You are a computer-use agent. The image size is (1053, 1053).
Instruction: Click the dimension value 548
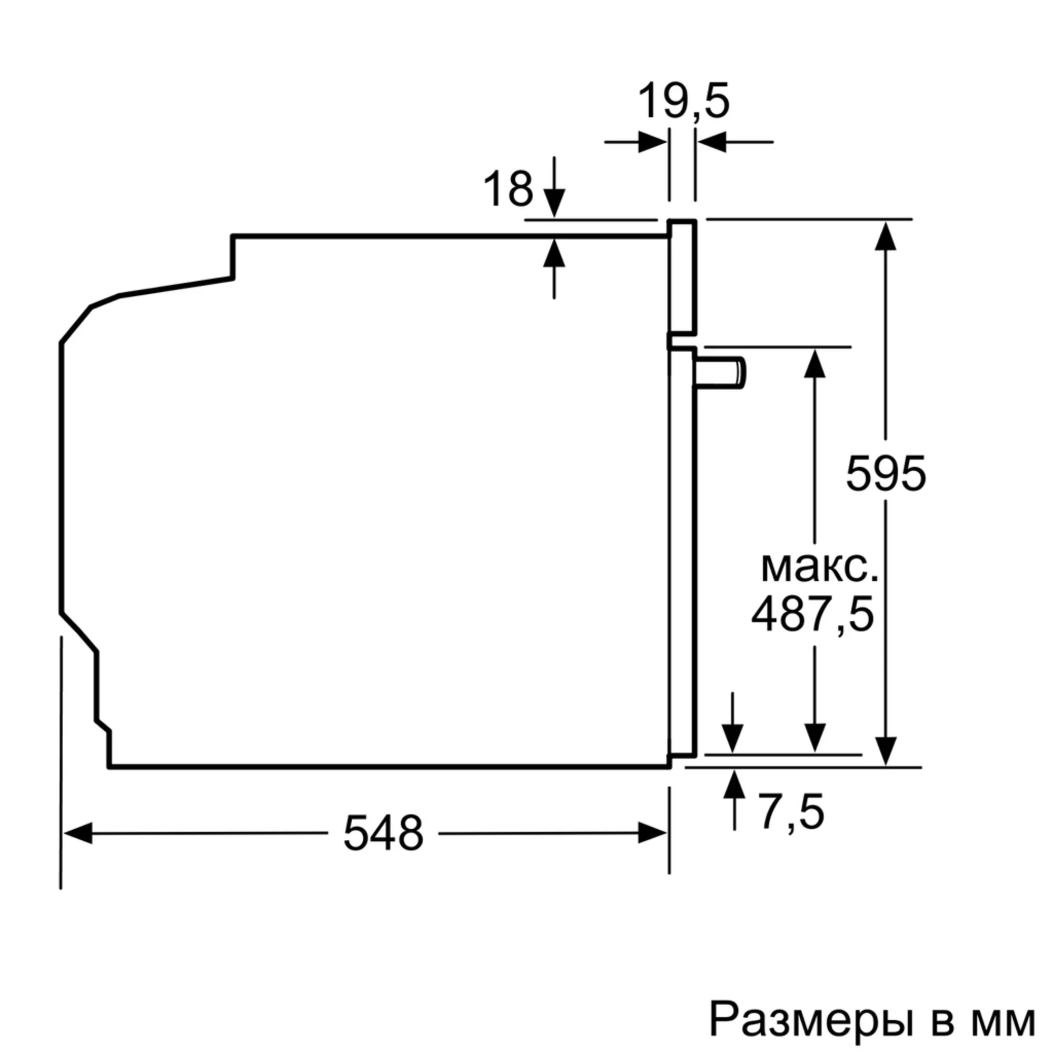pyautogui.click(x=383, y=833)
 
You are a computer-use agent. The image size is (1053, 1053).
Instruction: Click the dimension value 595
pyautogui.click(x=886, y=474)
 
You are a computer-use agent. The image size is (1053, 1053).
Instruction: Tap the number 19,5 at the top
pyautogui.click(x=683, y=102)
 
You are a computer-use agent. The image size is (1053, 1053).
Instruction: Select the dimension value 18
pyautogui.click(x=508, y=189)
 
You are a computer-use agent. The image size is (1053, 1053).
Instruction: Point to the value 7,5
pyautogui.click(x=791, y=812)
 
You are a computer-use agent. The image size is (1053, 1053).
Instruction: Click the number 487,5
pyautogui.click(x=812, y=615)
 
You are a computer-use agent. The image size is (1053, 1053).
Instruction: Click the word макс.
pyautogui.click(x=819, y=568)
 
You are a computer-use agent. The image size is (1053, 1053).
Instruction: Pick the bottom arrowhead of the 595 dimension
pyautogui.click(x=886, y=750)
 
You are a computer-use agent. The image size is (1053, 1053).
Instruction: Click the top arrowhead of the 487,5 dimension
pyautogui.click(x=815, y=363)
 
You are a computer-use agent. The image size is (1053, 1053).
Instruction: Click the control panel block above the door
pyautogui.click(x=683, y=278)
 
